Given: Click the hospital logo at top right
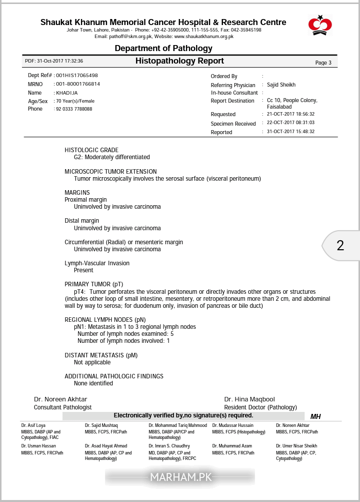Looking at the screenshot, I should pyautogui.click(x=320, y=25).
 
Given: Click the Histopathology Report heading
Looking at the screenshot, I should pyautogui.click(x=179, y=61).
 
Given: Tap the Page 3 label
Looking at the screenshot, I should pyautogui.click(x=323, y=63).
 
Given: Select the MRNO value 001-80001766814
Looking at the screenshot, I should pyautogui.click(x=78, y=84).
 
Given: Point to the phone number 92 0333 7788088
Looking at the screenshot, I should pyautogui.click(x=74, y=109).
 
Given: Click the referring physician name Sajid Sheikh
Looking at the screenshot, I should pyautogui.click(x=281, y=85).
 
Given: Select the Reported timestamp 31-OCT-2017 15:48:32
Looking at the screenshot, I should pyautogui.click(x=290, y=132).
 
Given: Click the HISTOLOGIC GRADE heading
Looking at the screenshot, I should pyautogui.click(x=91, y=150).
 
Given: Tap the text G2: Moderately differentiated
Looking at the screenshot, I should pyautogui.click(x=112, y=157).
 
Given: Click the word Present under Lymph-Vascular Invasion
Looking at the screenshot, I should pyautogui.click(x=83, y=270).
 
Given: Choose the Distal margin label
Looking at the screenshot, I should pyautogui.click(x=82, y=221).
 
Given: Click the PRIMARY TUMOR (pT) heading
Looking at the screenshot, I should pyautogui.click(x=94, y=284).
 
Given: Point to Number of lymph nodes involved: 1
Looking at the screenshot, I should pyautogui.click(x=123, y=341).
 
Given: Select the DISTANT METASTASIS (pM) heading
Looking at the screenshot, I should pyautogui.click(x=101, y=355).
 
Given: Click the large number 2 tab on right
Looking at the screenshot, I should pyautogui.click(x=340, y=246).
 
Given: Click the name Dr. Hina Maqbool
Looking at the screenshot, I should pyautogui.click(x=249, y=399).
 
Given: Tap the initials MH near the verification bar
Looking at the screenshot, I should pyautogui.click(x=315, y=416).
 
